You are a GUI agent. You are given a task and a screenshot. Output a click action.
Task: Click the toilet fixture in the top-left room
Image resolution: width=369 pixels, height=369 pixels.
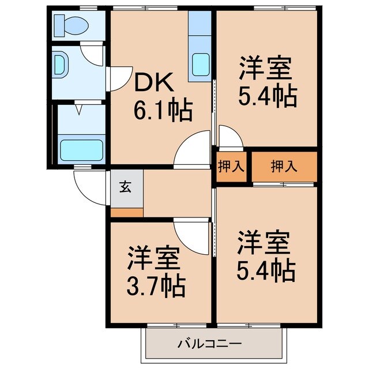(x=69, y=25)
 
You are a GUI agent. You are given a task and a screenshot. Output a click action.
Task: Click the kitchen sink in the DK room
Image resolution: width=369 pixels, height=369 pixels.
(x=201, y=62)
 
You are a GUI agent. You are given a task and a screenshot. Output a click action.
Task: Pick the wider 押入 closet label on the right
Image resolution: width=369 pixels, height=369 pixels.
(x=284, y=166)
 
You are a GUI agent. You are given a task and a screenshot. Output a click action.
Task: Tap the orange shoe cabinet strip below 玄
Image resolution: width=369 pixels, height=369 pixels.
(x=127, y=212)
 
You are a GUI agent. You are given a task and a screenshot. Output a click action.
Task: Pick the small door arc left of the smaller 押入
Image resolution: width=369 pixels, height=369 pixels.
(x=229, y=137)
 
